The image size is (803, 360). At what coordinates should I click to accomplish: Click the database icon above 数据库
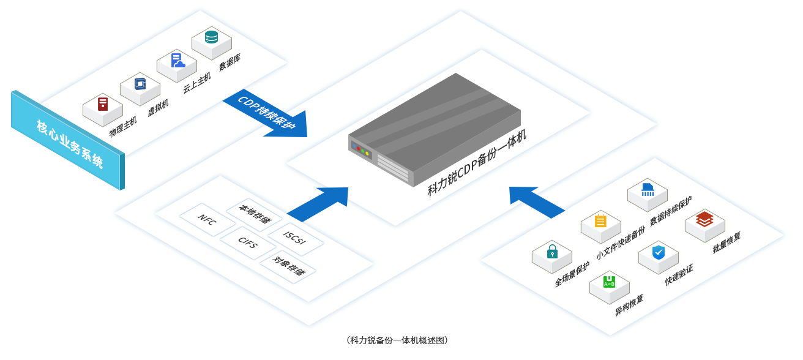tap(211, 37)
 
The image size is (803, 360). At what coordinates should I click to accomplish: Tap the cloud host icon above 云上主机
tap(177, 61)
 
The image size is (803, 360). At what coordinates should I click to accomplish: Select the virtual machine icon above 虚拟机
tap(140, 83)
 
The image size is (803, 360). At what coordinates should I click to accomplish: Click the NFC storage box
tap(206, 220)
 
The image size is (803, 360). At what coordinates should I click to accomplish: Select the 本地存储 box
tap(254, 215)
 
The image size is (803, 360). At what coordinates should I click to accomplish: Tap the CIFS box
tap(247, 246)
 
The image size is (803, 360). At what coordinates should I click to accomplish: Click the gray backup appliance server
tap(435, 129)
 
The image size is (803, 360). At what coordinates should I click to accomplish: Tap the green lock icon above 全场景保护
tap(552, 251)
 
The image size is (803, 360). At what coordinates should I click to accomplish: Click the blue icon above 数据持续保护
tap(648, 190)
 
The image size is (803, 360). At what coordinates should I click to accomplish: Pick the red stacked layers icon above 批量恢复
tap(704, 219)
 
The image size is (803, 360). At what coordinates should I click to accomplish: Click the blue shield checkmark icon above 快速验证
tap(658, 252)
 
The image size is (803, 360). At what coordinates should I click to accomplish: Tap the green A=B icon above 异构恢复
tap(609, 282)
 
